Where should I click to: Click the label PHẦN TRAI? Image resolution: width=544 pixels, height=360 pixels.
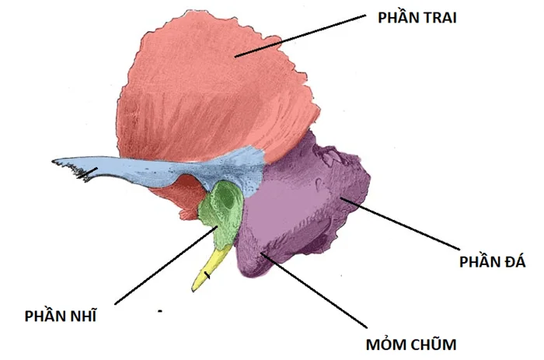click(x=417, y=17)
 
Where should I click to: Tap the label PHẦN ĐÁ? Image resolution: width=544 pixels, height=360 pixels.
click(x=492, y=261)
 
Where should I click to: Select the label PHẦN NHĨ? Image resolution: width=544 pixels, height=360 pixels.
click(x=61, y=316)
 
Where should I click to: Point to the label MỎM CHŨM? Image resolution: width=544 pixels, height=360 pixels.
click(x=411, y=344)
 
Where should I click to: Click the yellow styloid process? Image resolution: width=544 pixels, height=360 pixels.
click(x=211, y=269)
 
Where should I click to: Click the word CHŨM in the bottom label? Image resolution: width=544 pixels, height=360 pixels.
click(x=434, y=344)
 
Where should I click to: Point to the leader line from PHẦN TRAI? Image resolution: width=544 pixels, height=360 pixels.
click(x=300, y=36)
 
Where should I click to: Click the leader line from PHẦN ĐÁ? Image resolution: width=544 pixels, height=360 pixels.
click(x=399, y=224)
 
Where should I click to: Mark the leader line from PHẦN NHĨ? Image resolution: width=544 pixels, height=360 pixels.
click(x=166, y=265)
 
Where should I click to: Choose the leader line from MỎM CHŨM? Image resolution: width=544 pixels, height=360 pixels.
click(x=314, y=290)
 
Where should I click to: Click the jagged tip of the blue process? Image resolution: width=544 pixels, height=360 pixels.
click(x=55, y=162)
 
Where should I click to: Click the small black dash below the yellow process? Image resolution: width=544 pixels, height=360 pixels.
click(x=160, y=311)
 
